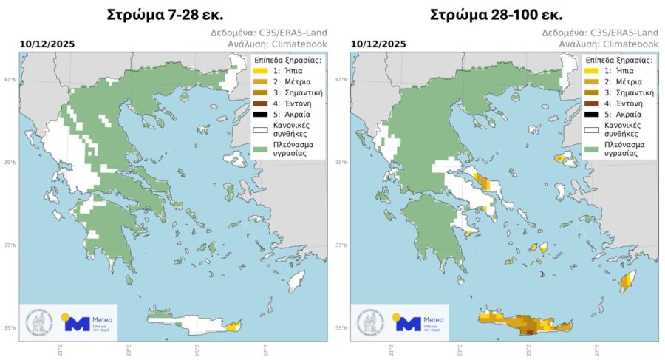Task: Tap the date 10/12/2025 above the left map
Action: click(45, 45)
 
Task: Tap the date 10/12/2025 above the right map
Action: click(378, 45)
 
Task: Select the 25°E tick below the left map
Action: click(196, 349)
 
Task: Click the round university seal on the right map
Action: click(371, 322)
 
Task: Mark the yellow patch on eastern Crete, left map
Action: click(232, 325)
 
